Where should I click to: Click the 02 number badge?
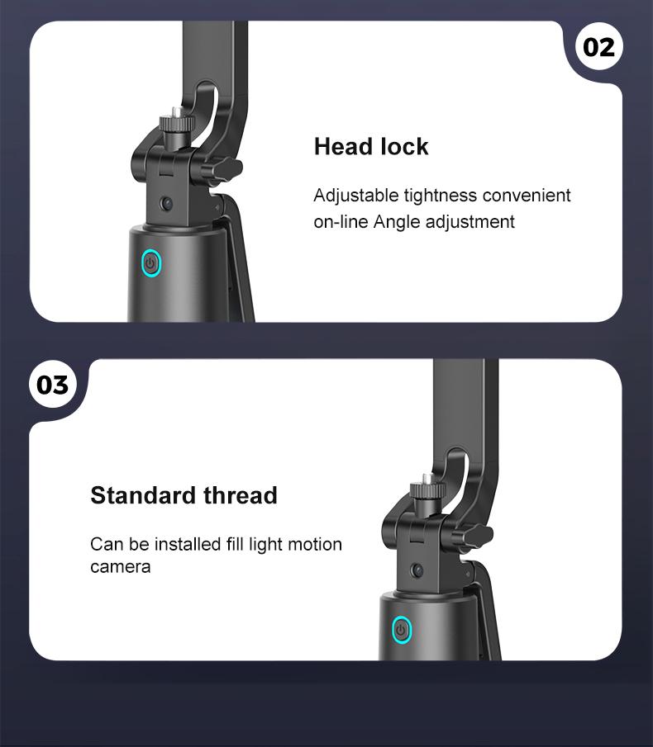[599, 47]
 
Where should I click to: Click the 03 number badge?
[53, 385]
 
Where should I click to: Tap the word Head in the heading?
[341, 147]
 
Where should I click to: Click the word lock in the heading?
[403, 147]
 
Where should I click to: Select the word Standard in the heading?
[142, 495]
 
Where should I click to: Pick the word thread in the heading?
[241, 495]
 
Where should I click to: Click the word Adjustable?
[355, 196]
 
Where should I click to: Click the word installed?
[184, 544]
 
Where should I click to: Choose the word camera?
[120, 567]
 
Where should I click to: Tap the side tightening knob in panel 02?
[227, 170]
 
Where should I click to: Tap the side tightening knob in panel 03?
[478, 537]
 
